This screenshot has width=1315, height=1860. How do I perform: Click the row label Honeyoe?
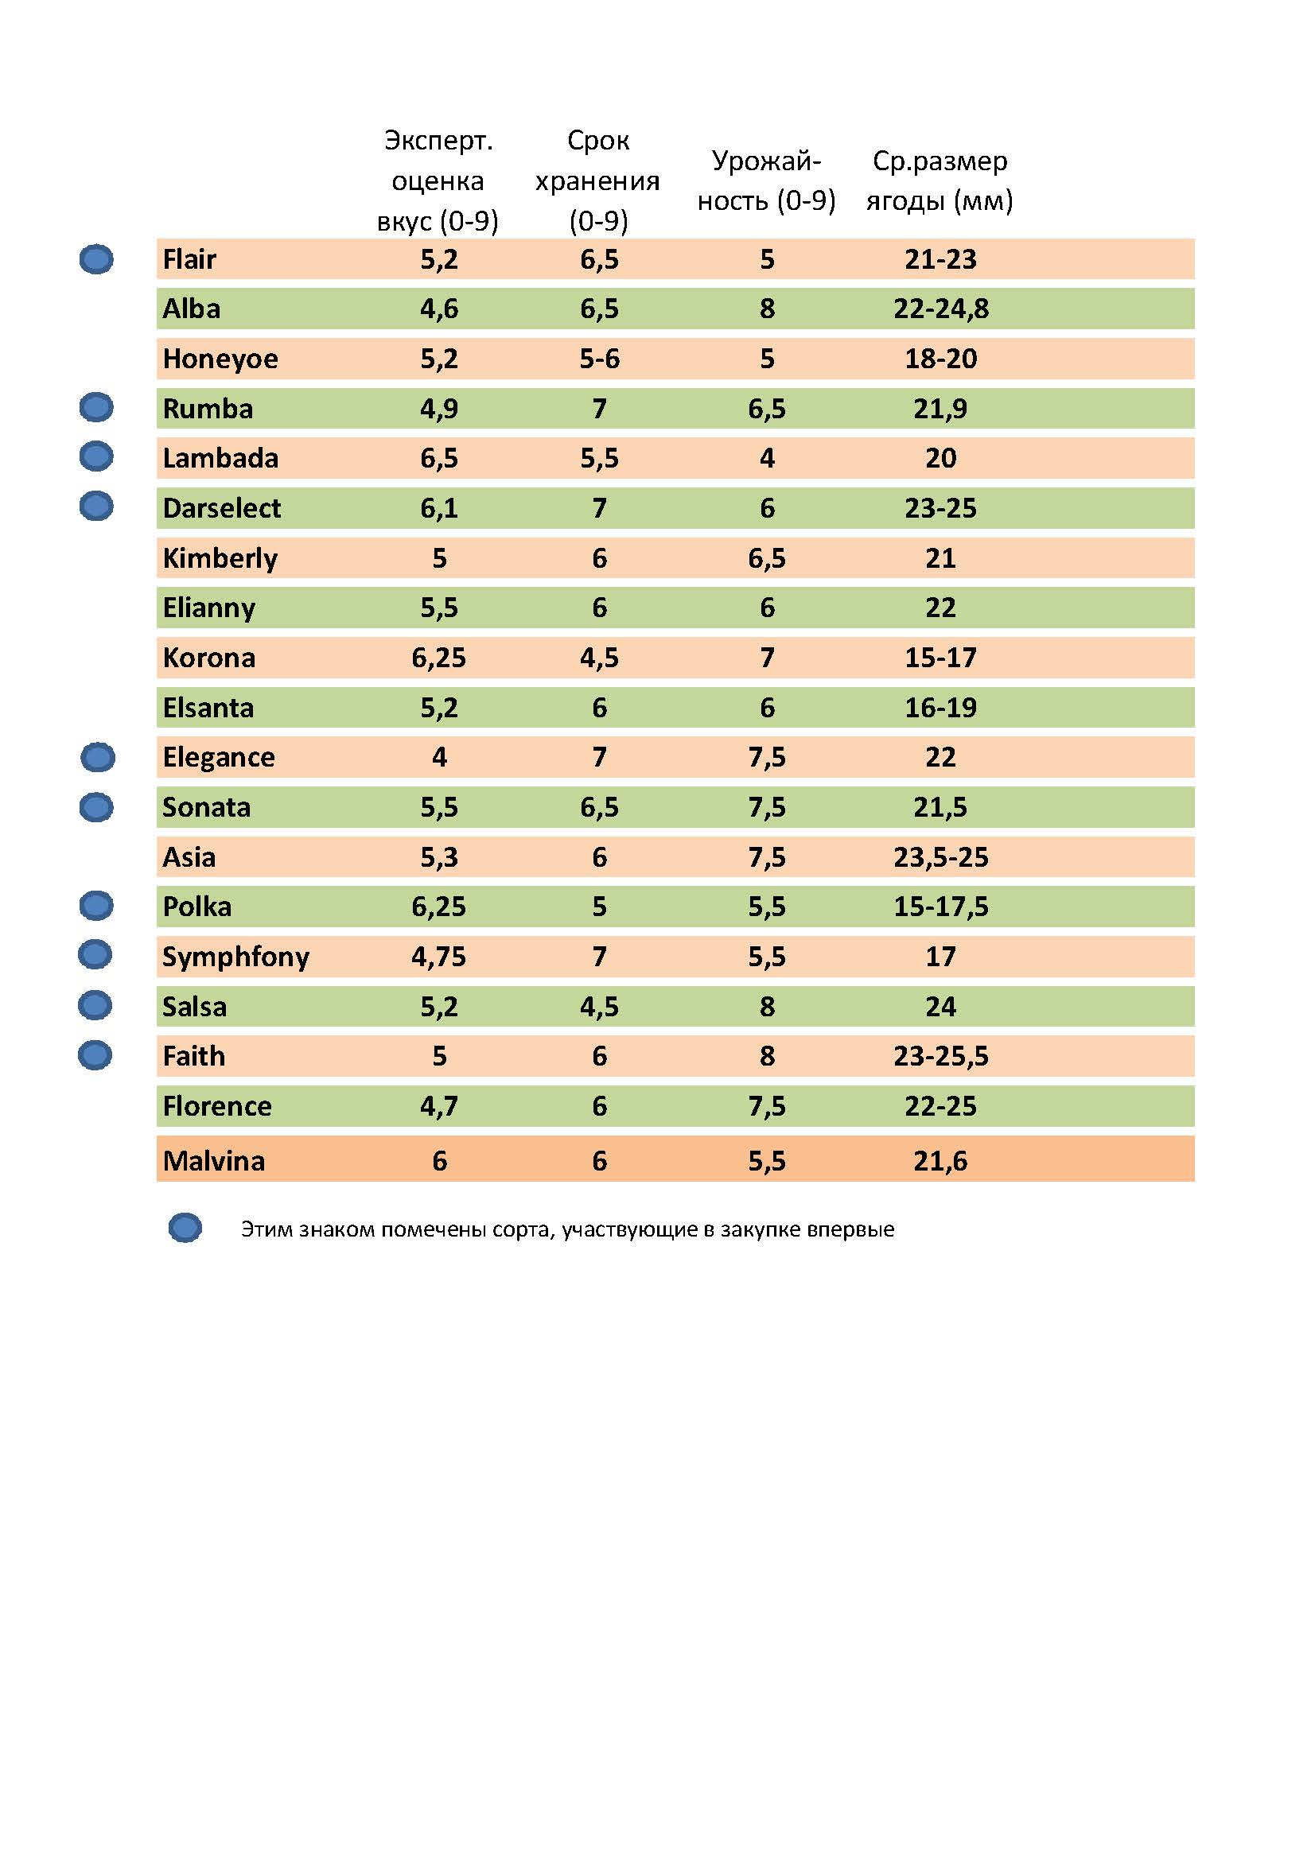(x=220, y=358)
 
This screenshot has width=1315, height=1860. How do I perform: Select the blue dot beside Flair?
(x=96, y=259)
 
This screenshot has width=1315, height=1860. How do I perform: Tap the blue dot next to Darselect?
(x=96, y=507)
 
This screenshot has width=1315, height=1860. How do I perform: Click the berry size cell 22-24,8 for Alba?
(x=940, y=309)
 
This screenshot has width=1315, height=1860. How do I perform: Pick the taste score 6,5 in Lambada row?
(x=438, y=459)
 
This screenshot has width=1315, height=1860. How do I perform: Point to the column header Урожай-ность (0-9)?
(x=765, y=181)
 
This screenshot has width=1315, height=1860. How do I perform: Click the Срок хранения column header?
(x=598, y=181)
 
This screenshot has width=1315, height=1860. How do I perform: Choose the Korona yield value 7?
(x=766, y=658)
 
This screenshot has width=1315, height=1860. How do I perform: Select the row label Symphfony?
(x=235, y=957)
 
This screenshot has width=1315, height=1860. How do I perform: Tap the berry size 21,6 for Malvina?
(x=940, y=1161)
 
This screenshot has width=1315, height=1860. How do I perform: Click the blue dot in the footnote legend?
(x=185, y=1228)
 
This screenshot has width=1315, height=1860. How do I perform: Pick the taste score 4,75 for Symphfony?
(x=438, y=957)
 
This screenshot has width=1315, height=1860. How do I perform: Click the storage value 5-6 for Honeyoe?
(x=599, y=358)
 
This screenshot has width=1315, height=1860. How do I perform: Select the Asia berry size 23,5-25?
(x=940, y=857)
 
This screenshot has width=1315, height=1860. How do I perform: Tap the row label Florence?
(x=217, y=1106)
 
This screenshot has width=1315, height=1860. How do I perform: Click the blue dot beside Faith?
(x=95, y=1054)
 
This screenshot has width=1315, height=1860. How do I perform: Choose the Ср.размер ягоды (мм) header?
(x=939, y=181)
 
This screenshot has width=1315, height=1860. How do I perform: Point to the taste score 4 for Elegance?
(x=438, y=758)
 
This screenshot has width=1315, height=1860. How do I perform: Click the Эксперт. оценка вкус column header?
(x=438, y=181)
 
